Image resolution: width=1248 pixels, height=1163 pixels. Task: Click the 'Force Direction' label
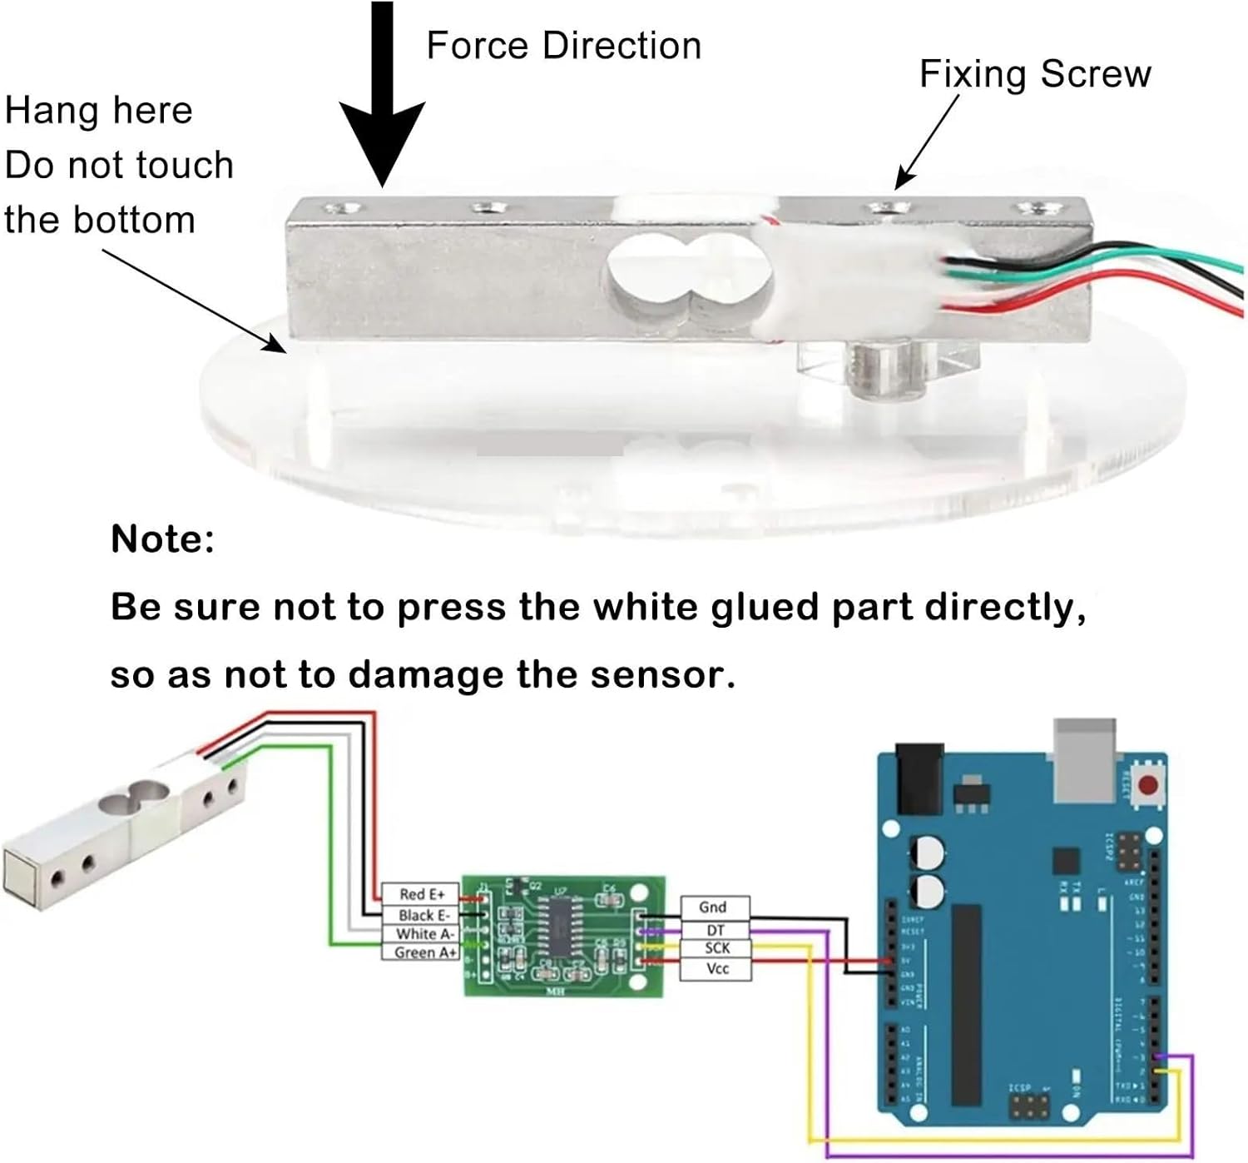(563, 46)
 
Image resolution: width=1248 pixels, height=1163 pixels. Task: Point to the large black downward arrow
(382, 100)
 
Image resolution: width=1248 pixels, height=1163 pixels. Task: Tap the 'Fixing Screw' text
(1035, 74)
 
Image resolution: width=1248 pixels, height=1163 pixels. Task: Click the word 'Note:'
(163, 539)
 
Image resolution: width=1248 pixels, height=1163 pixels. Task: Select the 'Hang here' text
(99, 111)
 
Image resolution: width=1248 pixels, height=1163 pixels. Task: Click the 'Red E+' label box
(421, 894)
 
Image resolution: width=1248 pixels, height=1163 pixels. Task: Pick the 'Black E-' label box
(423, 915)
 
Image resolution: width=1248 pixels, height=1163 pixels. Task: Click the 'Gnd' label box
(713, 907)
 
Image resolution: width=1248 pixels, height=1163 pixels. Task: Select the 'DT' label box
(715, 930)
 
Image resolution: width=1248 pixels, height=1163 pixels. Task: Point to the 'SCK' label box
(716, 948)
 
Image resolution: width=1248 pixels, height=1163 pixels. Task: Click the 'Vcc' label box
(717, 969)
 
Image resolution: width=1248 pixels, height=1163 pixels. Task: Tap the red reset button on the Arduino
(1148, 785)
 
